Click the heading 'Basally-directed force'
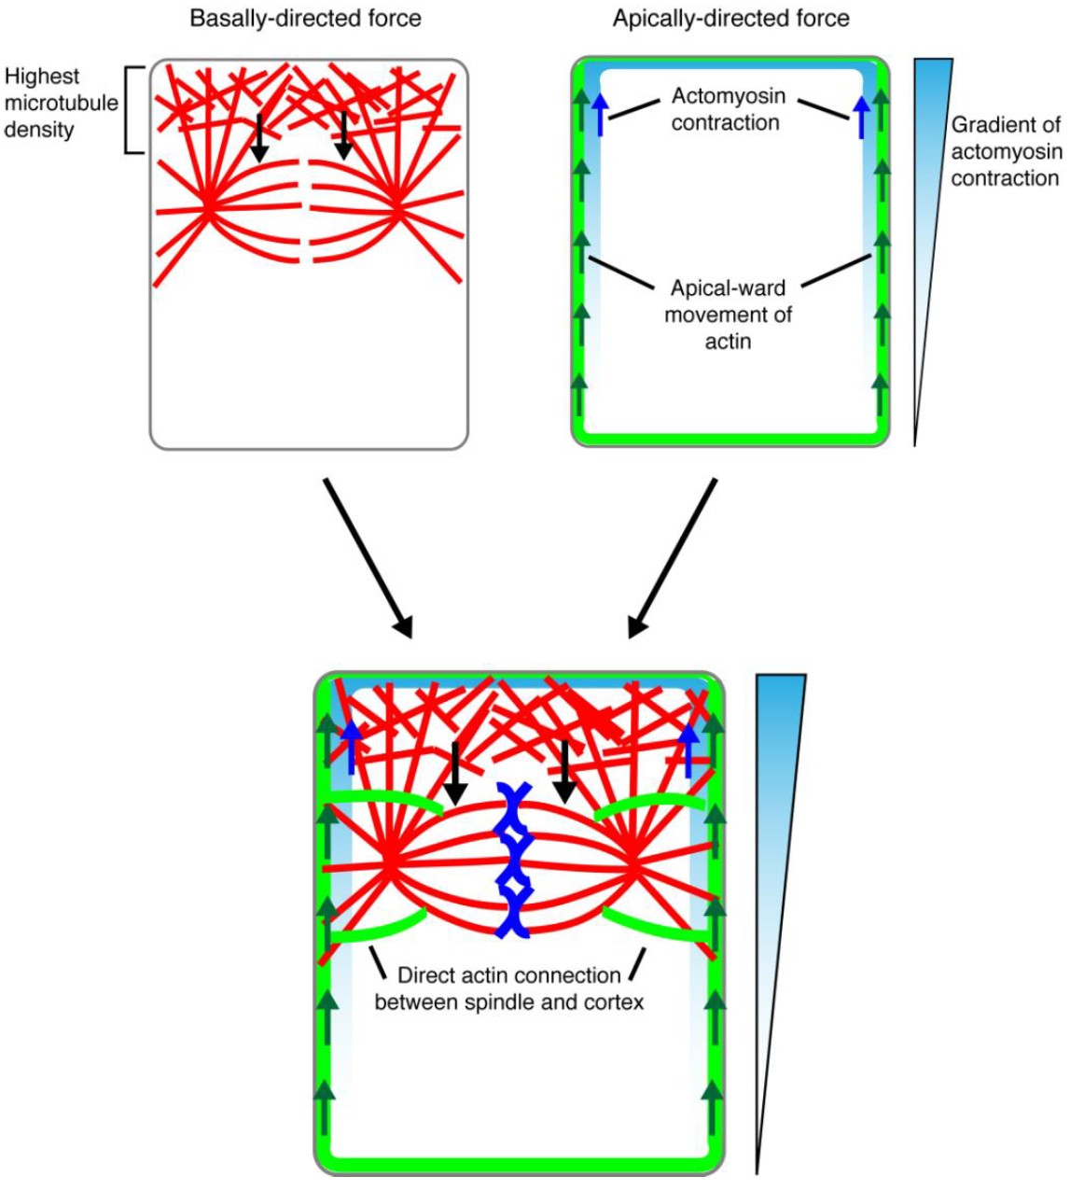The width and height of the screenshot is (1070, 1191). click(x=305, y=19)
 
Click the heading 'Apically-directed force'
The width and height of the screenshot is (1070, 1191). click(x=730, y=19)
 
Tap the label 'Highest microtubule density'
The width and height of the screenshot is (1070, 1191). click(x=60, y=103)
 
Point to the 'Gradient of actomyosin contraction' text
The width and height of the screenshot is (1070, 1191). click(x=1005, y=152)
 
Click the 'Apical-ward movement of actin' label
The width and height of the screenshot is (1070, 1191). click(x=727, y=315)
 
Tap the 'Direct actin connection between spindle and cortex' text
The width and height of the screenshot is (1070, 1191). click(x=508, y=988)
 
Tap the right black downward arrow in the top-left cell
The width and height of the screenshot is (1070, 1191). click(x=344, y=135)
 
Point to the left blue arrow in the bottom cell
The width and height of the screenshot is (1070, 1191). click(x=351, y=747)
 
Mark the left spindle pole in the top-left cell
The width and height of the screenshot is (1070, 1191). click(x=207, y=207)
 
